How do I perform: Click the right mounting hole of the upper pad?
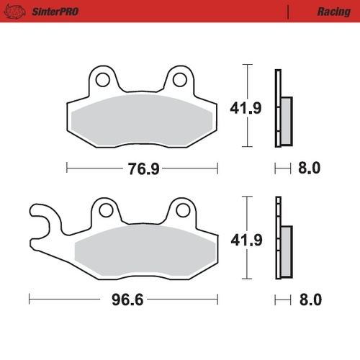[181, 79]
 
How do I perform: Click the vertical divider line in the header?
[289, 12]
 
